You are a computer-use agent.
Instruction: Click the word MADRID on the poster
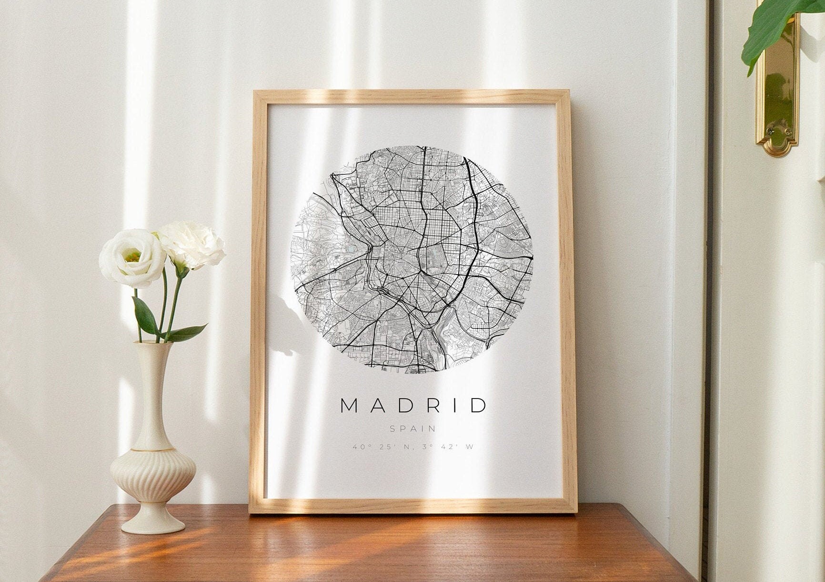[413, 405]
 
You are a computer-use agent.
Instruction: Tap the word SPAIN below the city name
[413, 429]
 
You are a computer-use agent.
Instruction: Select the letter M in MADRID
[349, 405]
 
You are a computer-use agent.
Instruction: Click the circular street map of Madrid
[412, 260]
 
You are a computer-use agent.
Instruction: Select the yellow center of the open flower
[133, 258]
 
